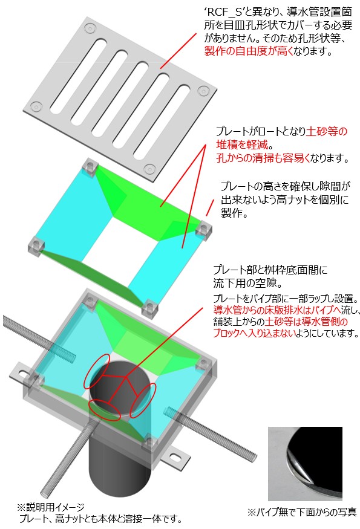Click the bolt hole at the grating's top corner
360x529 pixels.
point(90,28)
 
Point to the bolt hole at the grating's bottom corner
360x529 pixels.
point(149,169)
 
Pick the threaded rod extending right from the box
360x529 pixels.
point(200,424)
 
